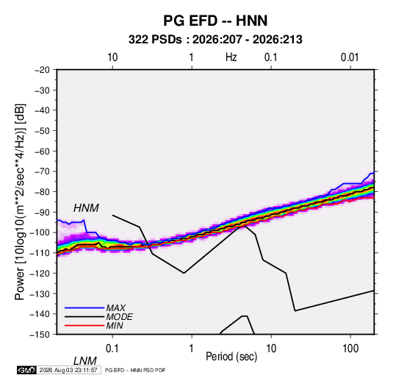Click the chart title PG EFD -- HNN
pyautogui.click(x=215, y=21)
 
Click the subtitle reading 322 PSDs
pyautogui.click(x=155, y=40)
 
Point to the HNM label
pyautogui.click(x=86, y=208)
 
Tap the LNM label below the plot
pyautogui.click(x=84, y=361)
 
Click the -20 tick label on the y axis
pyautogui.click(x=42, y=70)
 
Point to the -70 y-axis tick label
pyautogui.click(x=42, y=171)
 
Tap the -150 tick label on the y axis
pyautogui.click(x=40, y=335)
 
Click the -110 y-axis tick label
pyautogui.click(x=40, y=253)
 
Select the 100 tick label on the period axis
pyautogui.click(x=350, y=349)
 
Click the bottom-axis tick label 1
pyautogui.click(x=192, y=349)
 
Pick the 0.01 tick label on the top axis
pyautogui.click(x=350, y=57)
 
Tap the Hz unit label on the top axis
pyautogui.click(x=231, y=57)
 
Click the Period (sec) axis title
pyautogui.click(x=231, y=357)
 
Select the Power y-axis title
pyautogui.click(x=20, y=201)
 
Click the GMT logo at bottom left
pyautogui.click(x=26, y=370)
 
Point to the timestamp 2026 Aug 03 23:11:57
pyautogui.click(x=68, y=370)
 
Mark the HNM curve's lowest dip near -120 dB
pyautogui.click(x=184, y=273)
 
